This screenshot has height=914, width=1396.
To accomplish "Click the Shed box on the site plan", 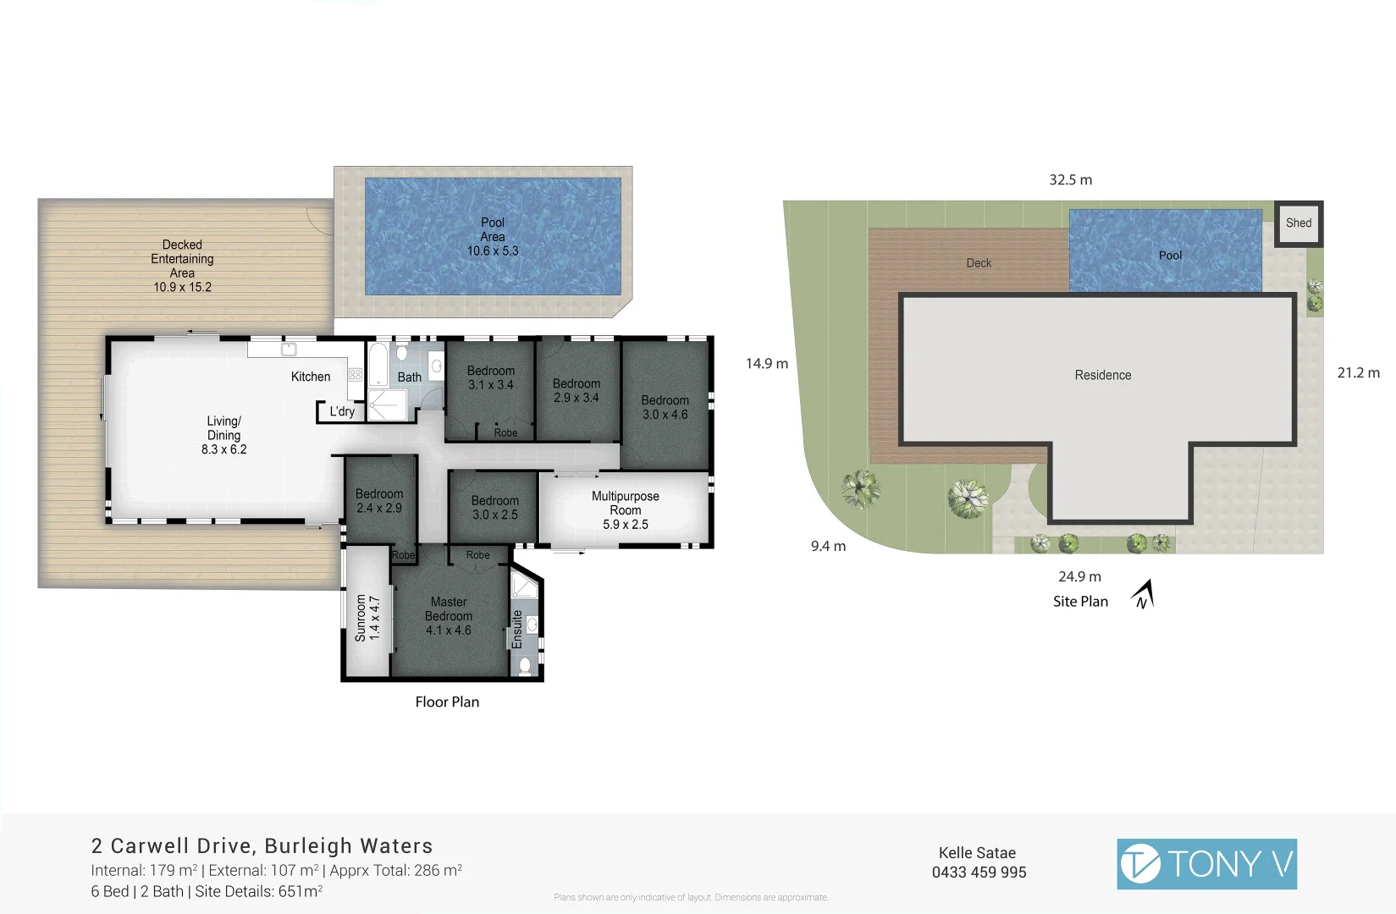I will click(1298, 223).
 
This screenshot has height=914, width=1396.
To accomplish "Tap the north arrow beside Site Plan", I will click(1143, 594).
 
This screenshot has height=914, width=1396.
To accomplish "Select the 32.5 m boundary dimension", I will click(1070, 180).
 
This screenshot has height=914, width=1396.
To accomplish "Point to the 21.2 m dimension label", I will click(1358, 373).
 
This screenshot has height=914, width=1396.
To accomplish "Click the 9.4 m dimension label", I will click(828, 547).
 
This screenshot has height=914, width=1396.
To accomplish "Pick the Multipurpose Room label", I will click(625, 510).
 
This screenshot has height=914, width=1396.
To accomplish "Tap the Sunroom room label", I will click(367, 616).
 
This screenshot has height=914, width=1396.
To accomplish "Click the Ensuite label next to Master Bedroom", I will click(517, 629).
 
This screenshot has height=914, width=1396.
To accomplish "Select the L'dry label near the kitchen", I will click(342, 411).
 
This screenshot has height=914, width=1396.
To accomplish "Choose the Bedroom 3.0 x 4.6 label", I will click(665, 407).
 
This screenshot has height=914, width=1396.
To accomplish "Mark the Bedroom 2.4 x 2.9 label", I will click(378, 501).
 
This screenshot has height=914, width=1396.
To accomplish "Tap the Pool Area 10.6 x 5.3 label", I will click(493, 237).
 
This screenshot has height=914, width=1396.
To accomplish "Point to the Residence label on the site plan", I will click(1102, 376).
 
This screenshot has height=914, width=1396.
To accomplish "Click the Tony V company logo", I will click(1206, 864).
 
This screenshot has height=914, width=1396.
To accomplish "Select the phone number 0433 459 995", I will click(979, 873).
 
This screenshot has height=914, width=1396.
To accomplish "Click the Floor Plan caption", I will click(447, 702).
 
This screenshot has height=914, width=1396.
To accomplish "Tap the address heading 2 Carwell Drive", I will click(262, 846).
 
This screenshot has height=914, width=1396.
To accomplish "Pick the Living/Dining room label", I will click(223, 435).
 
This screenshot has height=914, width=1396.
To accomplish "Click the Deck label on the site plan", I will click(979, 263).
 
